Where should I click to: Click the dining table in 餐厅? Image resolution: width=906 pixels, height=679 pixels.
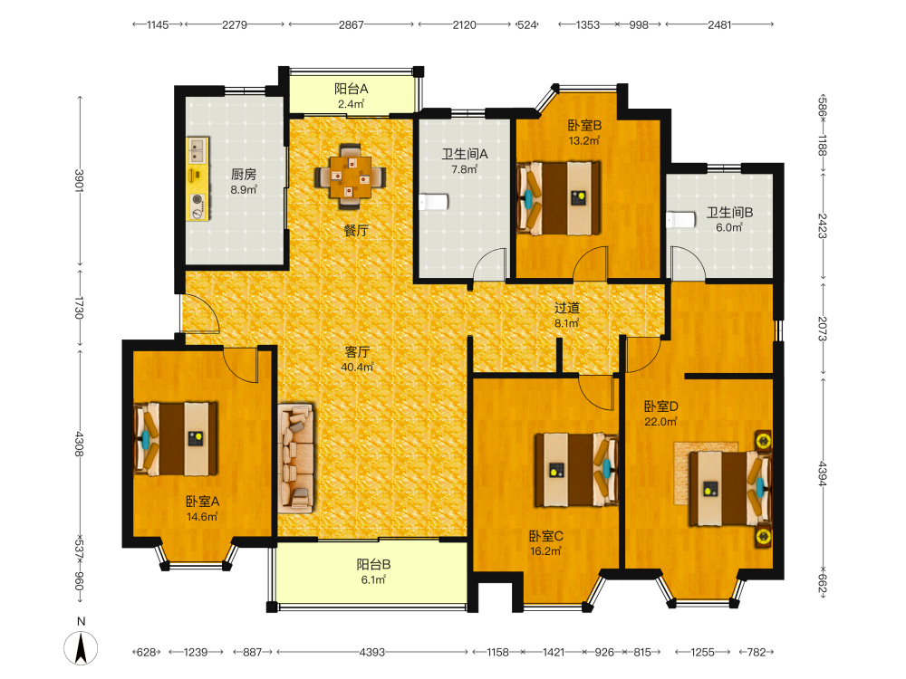click(351, 177)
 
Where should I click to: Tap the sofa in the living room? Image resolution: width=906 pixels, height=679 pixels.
click(296, 458)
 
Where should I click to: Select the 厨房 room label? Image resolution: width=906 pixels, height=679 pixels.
click(243, 174)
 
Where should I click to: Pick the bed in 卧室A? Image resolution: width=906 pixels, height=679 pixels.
click(176, 439)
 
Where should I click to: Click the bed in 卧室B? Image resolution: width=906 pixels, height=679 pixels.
click(558, 198)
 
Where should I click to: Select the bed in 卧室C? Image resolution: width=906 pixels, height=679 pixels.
click(576, 469)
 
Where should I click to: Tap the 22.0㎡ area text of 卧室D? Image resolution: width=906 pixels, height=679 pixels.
click(661, 422)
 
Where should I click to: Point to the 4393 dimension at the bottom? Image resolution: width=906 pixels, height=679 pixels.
click(372, 652)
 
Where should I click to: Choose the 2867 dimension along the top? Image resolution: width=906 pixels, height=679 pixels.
click(352, 24)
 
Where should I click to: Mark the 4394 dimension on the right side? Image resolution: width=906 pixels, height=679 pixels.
click(823, 473)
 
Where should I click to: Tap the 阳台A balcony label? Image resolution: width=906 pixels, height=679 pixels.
click(352, 89)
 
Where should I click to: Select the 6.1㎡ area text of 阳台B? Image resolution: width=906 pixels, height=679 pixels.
click(373, 579)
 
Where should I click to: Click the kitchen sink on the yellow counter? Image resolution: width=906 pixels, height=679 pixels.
click(197, 150)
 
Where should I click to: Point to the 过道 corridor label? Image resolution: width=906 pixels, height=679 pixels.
click(567, 309)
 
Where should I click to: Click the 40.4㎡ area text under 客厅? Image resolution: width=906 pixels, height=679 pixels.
click(357, 368)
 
